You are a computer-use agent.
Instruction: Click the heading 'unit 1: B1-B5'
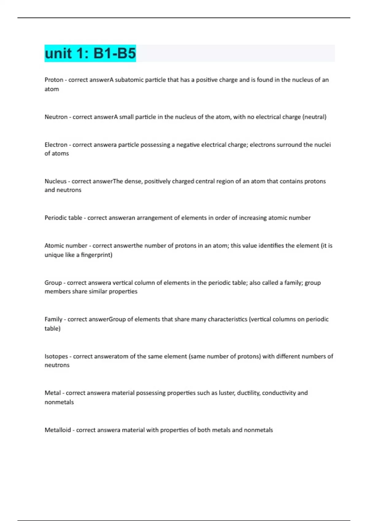(x=90, y=53)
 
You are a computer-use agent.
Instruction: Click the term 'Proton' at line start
(x=54, y=80)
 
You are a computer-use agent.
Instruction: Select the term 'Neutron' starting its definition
(x=56, y=117)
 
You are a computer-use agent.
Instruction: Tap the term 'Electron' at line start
(x=56, y=145)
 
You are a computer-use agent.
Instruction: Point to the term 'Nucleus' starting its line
(x=56, y=181)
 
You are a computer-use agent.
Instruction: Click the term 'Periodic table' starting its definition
(x=63, y=218)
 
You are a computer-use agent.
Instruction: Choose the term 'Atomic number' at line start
(x=66, y=245)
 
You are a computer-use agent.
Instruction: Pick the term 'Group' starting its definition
(x=53, y=283)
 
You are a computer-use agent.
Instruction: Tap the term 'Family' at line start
(x=54, y=319)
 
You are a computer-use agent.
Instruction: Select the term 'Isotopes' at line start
(x=56, y=356)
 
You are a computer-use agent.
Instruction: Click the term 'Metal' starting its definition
(x=53, y=393)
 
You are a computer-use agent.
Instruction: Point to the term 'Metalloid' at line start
(x=58, y=430)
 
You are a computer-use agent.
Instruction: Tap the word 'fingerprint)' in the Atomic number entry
(x=97, y=255)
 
